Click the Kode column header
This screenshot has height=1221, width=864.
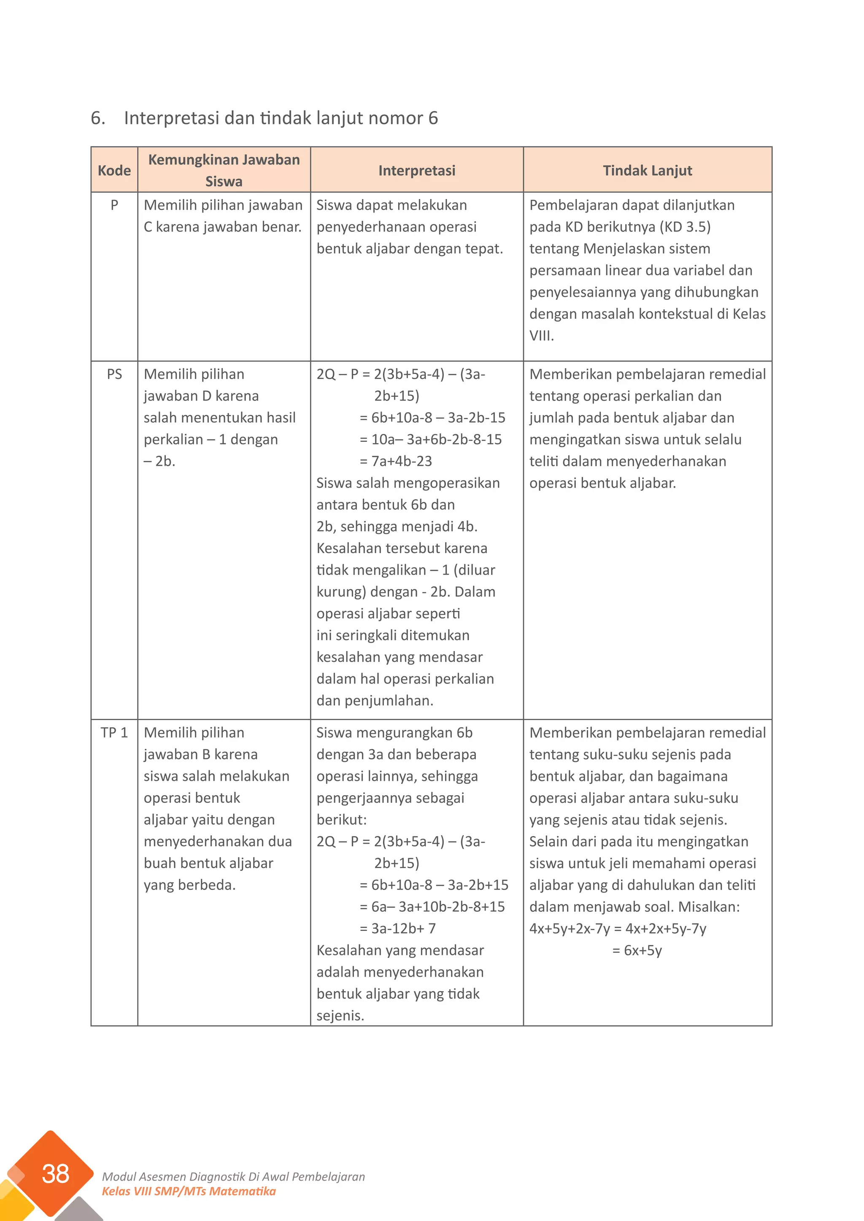point(114,171)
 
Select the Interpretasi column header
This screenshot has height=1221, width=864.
point(416,171)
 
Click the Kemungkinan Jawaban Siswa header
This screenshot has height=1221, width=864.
point(224,170)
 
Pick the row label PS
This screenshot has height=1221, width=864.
point(114,374)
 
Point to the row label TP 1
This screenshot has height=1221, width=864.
point(114,733)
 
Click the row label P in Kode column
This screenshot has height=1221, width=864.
point(114,205)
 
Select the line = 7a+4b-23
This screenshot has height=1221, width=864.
point(396,461)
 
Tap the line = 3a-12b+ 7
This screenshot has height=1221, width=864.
point(397,928)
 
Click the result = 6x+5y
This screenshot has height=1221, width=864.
point(637,950)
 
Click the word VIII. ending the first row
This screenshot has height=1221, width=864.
point(541,336)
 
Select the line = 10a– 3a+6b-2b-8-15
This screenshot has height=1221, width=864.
point(430,439)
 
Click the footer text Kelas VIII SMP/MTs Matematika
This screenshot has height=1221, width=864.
point(189,1191)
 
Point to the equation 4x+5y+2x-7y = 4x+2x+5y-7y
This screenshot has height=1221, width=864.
point(617,928)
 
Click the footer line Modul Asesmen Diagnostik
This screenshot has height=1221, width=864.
point(233,1176)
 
